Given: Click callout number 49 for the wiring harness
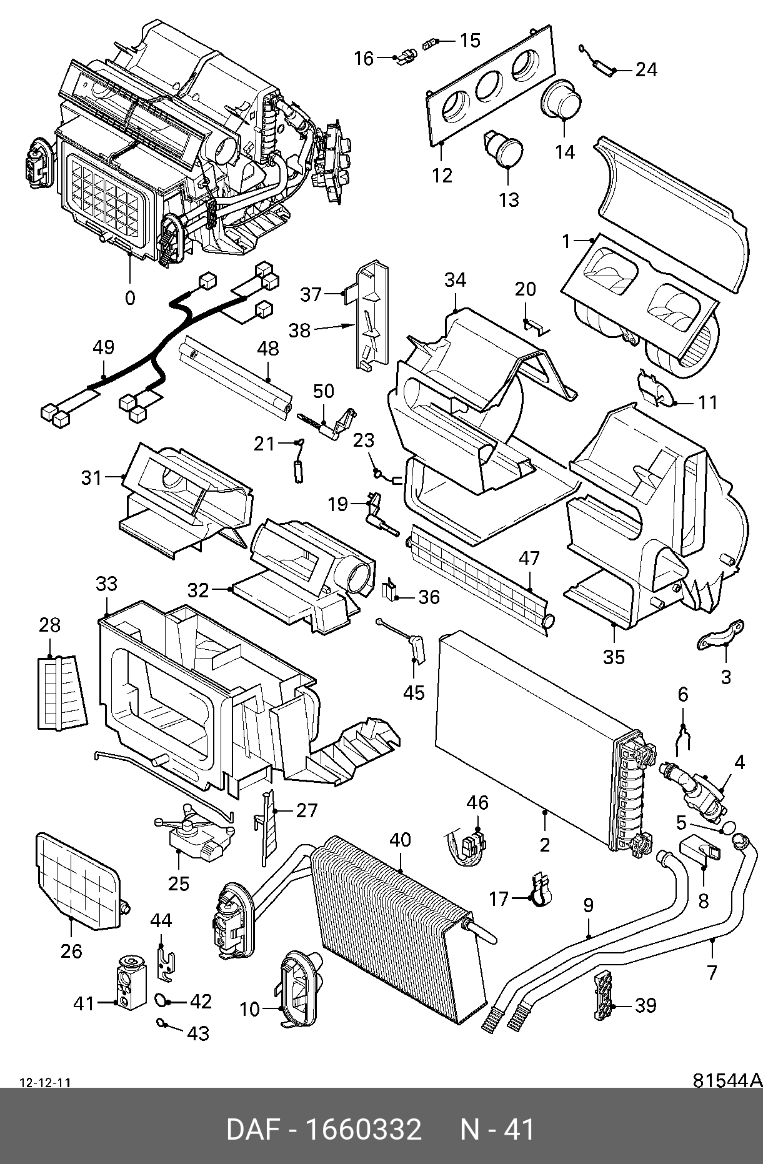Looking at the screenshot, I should point(104,347).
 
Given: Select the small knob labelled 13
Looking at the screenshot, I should point(506,150).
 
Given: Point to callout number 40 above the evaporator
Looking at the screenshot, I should point(400,840).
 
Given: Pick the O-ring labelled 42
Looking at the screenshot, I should point(161,1001).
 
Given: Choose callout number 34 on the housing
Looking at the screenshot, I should point(455,281).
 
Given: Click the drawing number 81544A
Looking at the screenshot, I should point(727,1080).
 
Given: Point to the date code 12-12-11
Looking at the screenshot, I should point(45,1083).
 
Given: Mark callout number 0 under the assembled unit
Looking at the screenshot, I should point(130,298).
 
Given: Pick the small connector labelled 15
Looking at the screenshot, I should point(429,43).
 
